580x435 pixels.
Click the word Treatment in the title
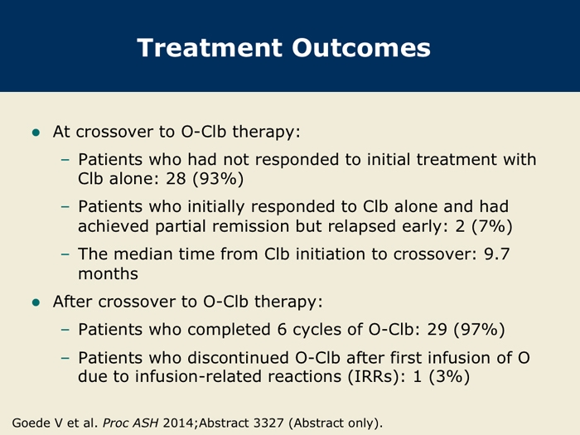(x=210, y=48)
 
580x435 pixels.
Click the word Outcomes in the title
(x=361, y=48)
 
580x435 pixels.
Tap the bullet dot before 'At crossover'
(x=36, y=133)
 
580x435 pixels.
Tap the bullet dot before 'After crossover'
(x=36, y=302)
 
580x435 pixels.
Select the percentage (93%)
(x=218, y=179)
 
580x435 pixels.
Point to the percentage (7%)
(x=492, y=226)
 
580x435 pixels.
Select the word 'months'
(x=108, y=274)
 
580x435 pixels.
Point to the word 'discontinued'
(x=239, y=358)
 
